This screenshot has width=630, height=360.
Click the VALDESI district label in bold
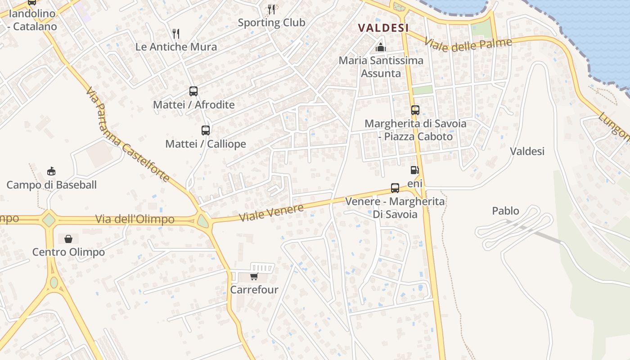point(383,28)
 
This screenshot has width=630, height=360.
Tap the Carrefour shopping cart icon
point(254,276)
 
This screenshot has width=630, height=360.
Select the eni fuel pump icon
point(414,170)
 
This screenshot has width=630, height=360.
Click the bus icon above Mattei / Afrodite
point(193,91)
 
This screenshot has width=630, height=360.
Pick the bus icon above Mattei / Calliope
point(206,130)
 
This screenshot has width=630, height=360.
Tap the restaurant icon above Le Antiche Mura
point(176,33)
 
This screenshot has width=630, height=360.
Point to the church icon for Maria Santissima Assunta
point(381,47)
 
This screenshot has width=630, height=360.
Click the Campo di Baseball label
point(51,185)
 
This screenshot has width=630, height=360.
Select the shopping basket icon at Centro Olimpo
point(68,238)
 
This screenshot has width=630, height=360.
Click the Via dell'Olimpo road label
point(135,220)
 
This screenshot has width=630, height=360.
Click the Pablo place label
point(505,211)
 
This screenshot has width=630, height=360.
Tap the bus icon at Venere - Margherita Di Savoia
point(395,188)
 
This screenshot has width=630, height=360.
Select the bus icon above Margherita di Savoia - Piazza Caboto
point(415,110)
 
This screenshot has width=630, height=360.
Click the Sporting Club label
point(271,22)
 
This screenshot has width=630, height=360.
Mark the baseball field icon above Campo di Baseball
point(51,171)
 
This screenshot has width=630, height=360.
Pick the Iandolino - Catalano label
point(32,20)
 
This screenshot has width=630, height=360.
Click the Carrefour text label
point(254,290)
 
